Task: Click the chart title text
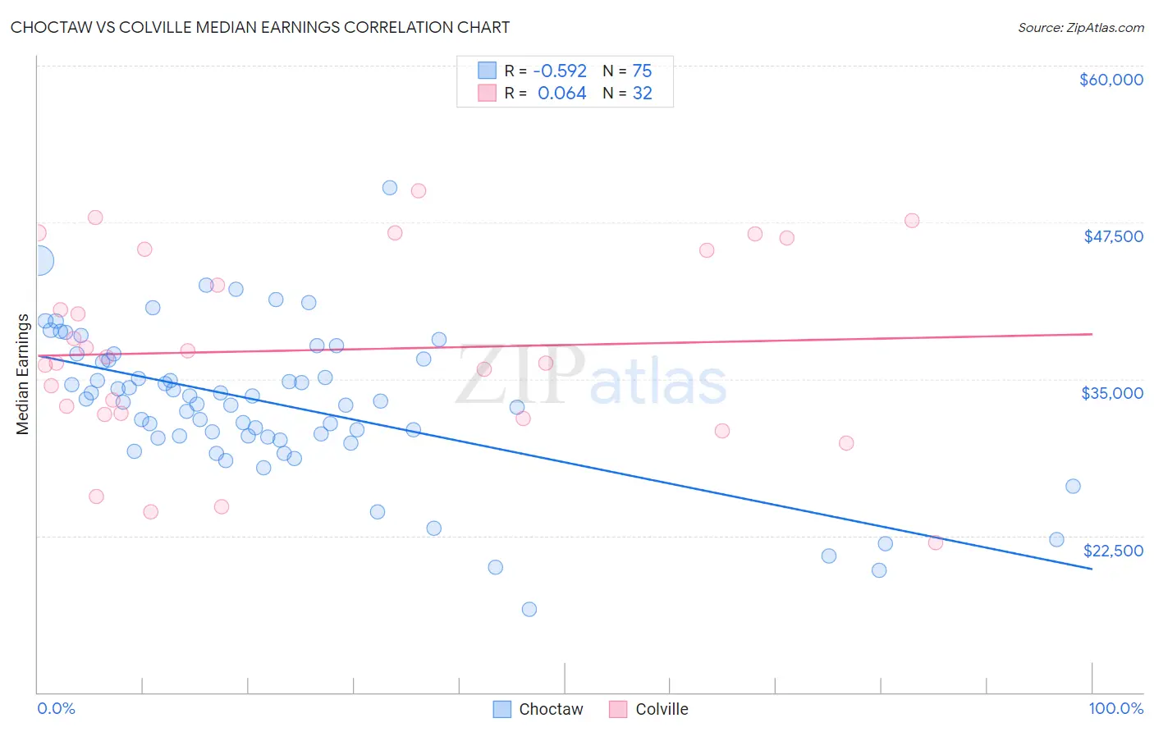click(x=260, y=27)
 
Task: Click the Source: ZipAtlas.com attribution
click(x=1080, y=28)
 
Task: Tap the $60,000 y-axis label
click(x=1110, y=80)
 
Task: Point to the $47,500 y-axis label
click(x=1113, y=236)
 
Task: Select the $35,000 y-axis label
click(x=1112, y=393)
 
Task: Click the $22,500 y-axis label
click(x=1113, y=551)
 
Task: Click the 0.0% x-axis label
click(x=56, y=708)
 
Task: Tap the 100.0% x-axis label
click(x=1115, y=708)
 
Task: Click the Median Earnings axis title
click(x=22, y=374)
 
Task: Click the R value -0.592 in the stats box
click(x=560, y=71)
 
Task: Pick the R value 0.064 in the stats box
click(x=561, y=94)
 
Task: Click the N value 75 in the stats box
click(x=642, y=71)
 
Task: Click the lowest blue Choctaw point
click(x=529, y=609)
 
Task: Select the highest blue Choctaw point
click(x=390, y=188)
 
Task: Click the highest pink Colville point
click(x=419, y=191)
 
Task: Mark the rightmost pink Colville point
click(x=935, y=542)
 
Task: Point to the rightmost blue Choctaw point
click(x=1073, y=486)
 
